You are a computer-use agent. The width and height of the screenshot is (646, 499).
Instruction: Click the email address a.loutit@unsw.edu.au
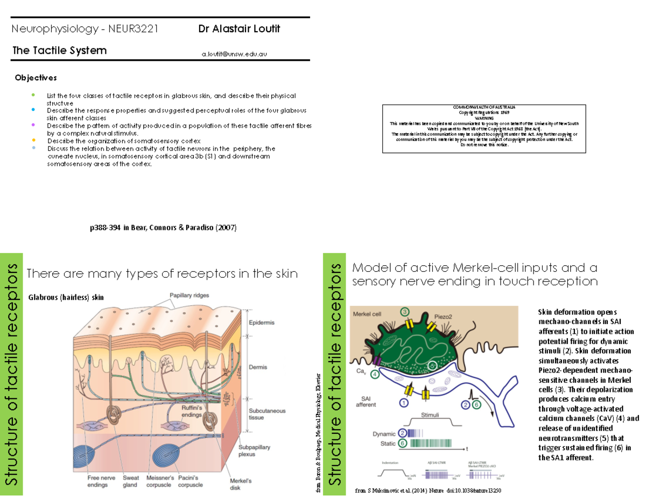(x=235, y=54)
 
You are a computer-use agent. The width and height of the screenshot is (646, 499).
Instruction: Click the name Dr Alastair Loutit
(x=239, y=29)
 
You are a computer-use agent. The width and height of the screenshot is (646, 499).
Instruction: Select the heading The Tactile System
(x=59, y=51)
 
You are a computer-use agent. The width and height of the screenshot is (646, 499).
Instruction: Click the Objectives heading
(x=36, y=78)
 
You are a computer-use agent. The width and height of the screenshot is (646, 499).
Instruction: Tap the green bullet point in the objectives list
(x=33, y=95)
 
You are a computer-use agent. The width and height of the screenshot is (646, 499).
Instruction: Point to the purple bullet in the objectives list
(x=33, y=124)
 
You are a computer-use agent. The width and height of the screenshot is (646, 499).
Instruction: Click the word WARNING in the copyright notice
(x=484, y=118)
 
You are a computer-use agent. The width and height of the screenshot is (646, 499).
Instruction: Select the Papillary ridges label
(x=189, y=295)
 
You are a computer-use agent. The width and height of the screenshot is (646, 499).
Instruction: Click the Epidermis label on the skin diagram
(x=262, y=322)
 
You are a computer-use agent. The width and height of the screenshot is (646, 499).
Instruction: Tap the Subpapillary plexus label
(x=254, y=451)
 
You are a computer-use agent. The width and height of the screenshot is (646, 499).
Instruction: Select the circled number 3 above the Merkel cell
(x=405, y=312)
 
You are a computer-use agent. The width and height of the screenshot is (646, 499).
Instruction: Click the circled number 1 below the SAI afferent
(x=403, y=402)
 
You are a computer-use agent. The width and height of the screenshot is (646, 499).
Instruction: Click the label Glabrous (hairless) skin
(x=66, y=297)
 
